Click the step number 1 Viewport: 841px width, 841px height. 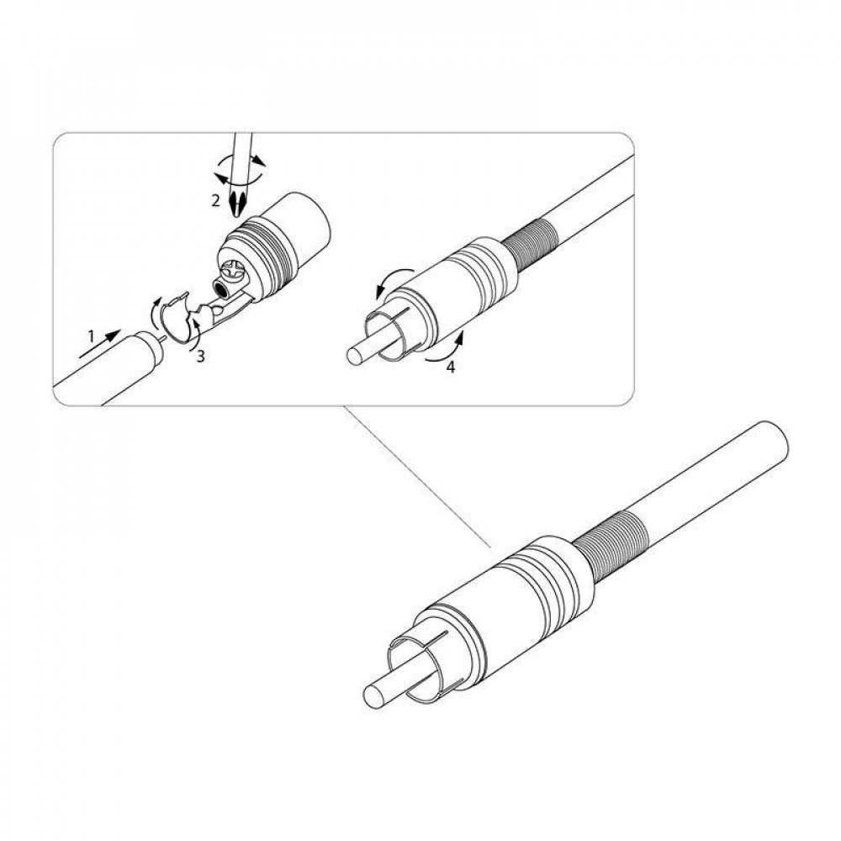pos(91,337)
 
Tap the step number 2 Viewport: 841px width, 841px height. pos(215,201)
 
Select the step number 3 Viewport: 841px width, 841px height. pos(200,356)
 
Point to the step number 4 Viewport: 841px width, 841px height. pos(451,368)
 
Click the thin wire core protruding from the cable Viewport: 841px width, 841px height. pos(161,337)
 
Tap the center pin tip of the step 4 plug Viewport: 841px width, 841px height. pos(354,356)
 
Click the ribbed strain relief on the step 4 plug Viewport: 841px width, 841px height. pos(531,245)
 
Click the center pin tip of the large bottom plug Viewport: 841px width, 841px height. pos(374,698)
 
